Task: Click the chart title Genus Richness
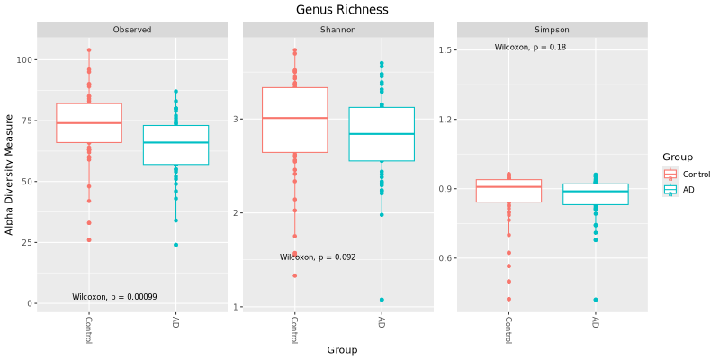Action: click(342, 10)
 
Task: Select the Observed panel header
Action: click(131, 30)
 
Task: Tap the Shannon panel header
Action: click(337, 30)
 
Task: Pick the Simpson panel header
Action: click(552, 30)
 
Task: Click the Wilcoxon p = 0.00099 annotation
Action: click(114, 297)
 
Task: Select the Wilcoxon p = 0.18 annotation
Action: click(530, 47)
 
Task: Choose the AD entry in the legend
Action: click(688, 190)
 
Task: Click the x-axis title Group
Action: click(342, 349)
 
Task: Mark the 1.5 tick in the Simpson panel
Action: click(445, 50)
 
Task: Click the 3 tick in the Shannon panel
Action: click(236, 119)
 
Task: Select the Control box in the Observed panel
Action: click(89, 123)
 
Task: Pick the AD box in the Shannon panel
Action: click(382, 134)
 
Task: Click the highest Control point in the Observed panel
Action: click(89, 50)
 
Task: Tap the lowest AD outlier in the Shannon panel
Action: click(382, 300)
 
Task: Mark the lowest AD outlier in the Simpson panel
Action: click(596, 300)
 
